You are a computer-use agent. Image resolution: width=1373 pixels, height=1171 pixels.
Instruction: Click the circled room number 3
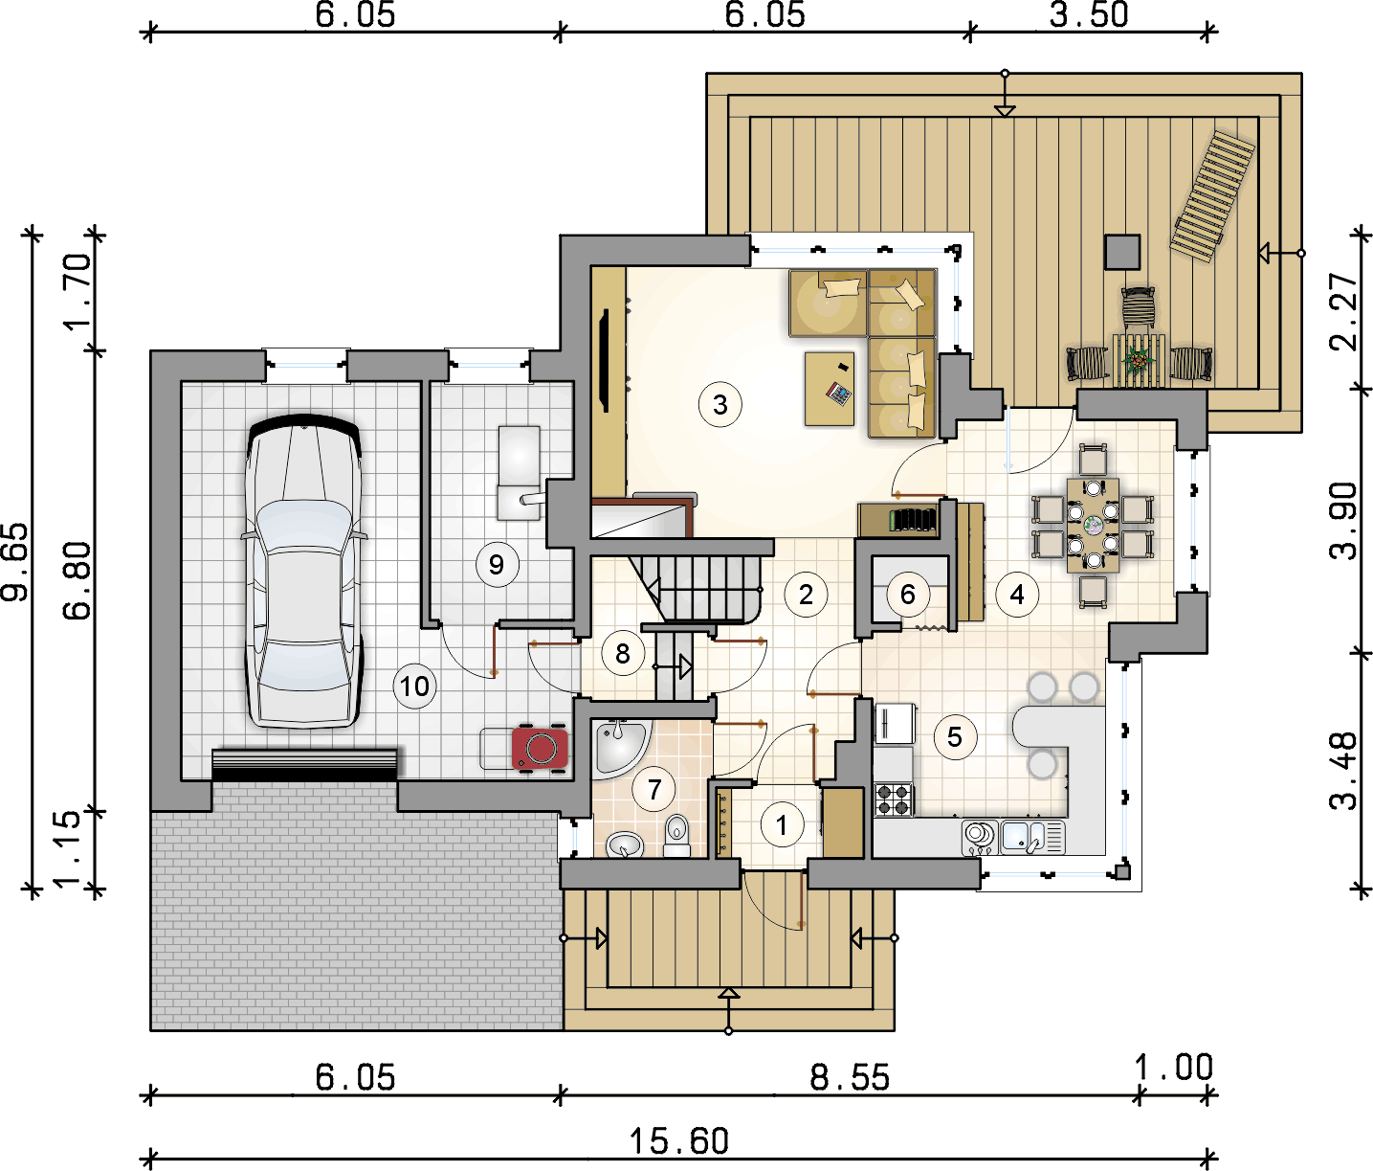coord(720,404)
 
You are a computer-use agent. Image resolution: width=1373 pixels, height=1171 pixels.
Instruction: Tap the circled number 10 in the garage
coord(414,686)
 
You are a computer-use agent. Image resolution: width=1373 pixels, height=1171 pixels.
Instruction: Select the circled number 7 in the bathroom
coord(654,789)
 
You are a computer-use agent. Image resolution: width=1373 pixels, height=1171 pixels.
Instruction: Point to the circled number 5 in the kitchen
coord(955,736)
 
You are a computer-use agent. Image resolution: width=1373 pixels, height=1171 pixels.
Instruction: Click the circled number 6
coord(907,594)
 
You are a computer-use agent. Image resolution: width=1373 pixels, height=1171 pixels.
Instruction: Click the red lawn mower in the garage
coord(540,749)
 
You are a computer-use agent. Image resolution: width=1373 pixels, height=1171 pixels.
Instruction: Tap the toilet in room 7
coord(676,836)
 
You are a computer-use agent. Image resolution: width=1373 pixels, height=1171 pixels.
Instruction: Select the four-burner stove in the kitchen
coord(894,799)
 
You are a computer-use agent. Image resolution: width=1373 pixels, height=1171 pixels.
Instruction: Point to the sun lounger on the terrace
coord(1212,196)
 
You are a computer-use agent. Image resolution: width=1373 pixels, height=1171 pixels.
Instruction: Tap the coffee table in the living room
coord(829,389)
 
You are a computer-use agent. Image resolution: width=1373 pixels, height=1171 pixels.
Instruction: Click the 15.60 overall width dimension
coord(678,1140)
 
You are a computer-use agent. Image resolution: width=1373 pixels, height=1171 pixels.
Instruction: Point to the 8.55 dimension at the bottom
coord(850,1076)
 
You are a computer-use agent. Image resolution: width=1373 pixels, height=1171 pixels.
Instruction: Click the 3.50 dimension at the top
coord(1089,14)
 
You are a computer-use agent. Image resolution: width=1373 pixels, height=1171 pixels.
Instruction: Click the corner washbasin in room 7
coord(619,749)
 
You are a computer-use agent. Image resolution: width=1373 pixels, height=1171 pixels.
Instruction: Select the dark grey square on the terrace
coord(1122,252)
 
